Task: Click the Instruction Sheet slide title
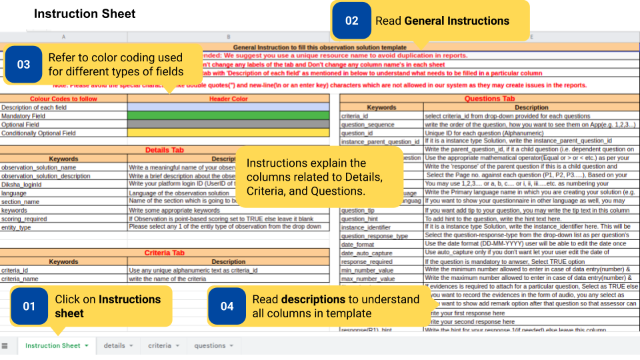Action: click(x=85, y=14)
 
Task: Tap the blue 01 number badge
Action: click(x=29, y=306)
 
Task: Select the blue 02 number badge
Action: click(x=351, y=21)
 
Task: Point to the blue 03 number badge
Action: click(x=23, y=65)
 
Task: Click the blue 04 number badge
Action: click(x=227, y=306)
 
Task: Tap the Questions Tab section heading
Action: click(x=489, y=99)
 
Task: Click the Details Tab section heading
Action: click(x=164, y=150)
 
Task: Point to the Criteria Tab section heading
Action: click(x=164, y=253)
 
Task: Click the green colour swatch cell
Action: click(x=228, y=116)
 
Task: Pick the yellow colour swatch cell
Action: click(x=228, y=133)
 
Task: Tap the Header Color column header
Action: click(x=228, y=99)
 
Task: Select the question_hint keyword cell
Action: click(x=360, y=219)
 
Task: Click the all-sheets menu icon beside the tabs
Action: click(x=5, y=345)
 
